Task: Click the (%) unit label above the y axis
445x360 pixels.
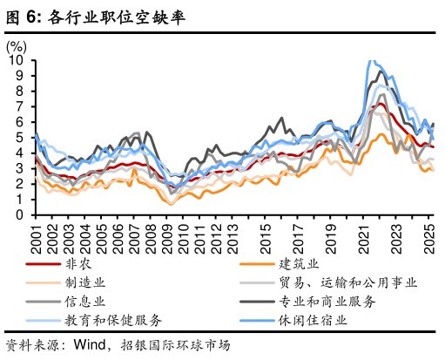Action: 16,46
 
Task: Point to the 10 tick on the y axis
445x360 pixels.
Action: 17,61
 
